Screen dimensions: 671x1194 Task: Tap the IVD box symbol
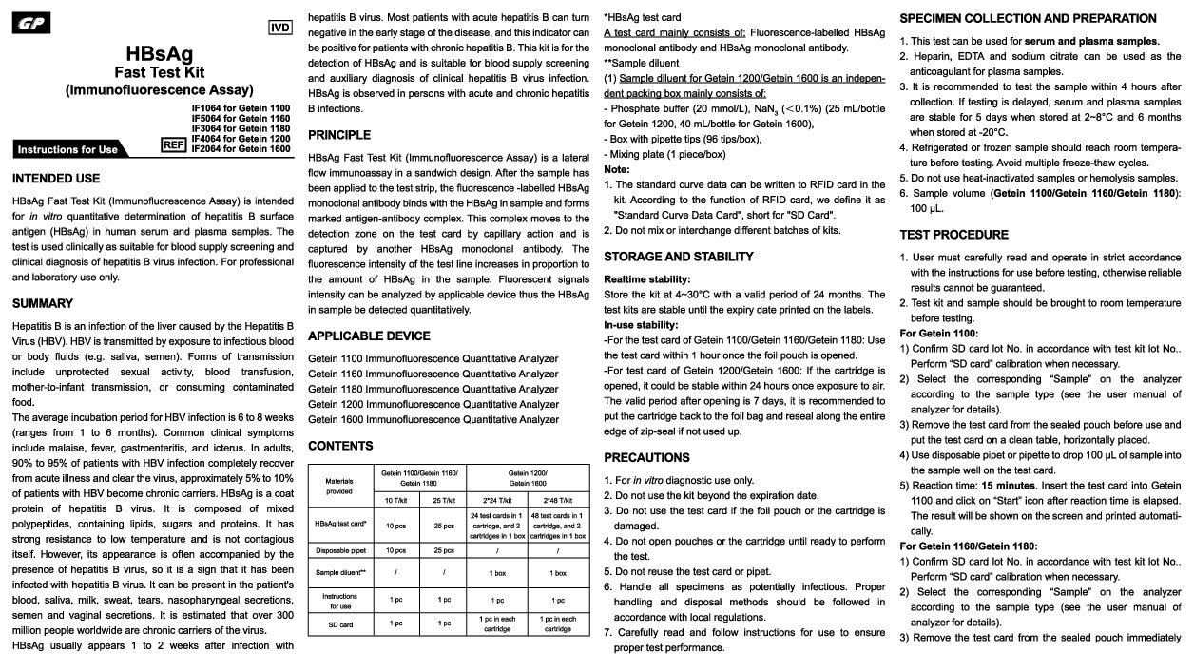(x=280, y=28)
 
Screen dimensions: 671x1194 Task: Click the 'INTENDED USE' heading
(x=56, y=179)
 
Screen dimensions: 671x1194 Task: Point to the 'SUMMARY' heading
(x=43, y=303)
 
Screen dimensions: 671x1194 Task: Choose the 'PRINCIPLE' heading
(x=339, y=135)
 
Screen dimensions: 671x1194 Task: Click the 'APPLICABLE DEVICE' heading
(x=369, y=335)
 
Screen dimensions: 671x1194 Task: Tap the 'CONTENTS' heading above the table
(x=340, y=446)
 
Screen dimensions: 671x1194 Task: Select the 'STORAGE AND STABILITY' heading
(x=679, y=257)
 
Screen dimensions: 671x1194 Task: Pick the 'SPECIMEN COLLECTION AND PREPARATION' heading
(x=1028, y=18)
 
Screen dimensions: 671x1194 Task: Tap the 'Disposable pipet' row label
(x=339, y=550)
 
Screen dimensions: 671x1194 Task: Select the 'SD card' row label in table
(x=339, y=623)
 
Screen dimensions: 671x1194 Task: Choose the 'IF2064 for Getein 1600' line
(x=241, y=148)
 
